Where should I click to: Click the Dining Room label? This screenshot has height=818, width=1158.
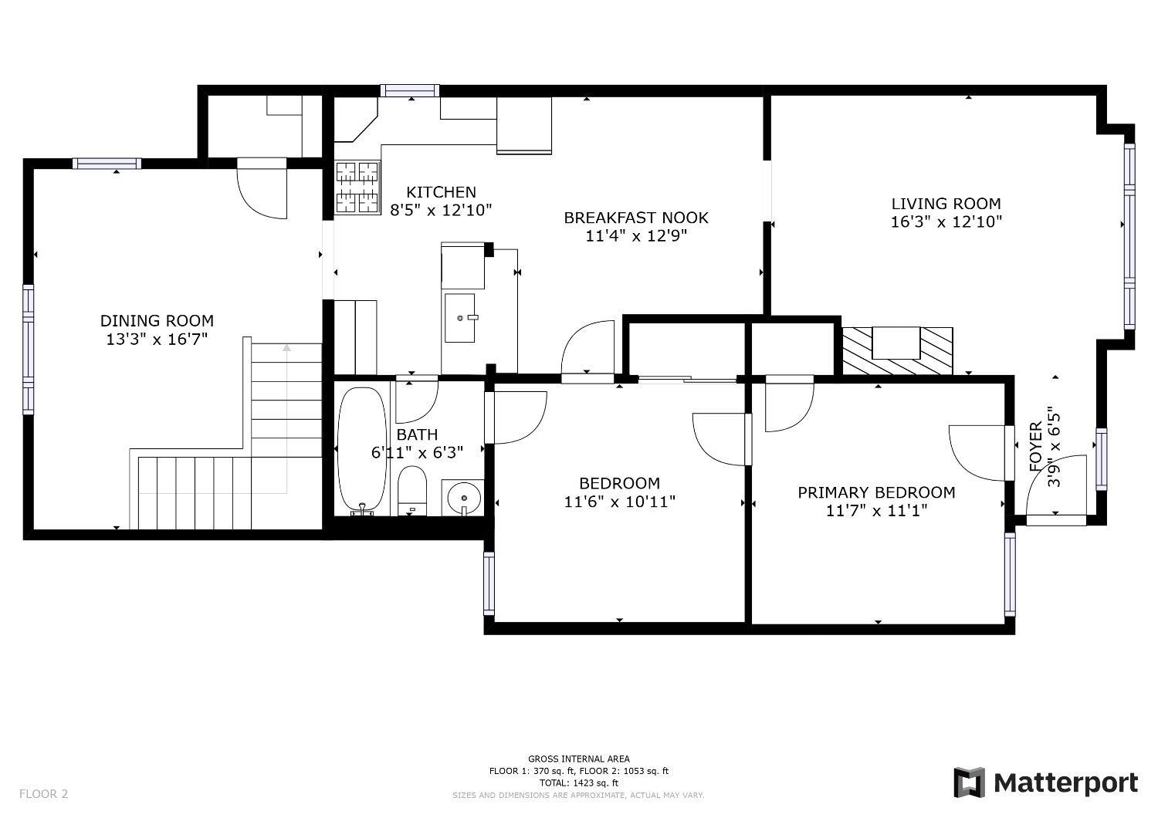pos(157,321)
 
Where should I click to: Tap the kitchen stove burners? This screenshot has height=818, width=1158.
pos(357,188)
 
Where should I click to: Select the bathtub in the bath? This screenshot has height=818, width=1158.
pos(362,451)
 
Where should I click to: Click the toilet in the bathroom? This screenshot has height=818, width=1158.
pos(412,490)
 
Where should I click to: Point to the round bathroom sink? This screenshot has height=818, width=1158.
pos(464,498)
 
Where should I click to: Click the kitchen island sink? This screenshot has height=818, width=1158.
pos(459,318)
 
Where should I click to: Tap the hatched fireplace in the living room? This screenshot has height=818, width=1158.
pos(897,351)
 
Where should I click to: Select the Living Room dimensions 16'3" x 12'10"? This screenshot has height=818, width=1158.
pos(946,221)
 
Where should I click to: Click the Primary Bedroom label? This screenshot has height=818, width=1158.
pos(876,492)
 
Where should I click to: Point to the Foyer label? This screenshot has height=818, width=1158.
pos(1036,447)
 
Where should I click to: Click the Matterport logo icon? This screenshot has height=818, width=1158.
pos(969,783)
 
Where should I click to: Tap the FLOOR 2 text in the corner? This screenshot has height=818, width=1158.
pos(43,794)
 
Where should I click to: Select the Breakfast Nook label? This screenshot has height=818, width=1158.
pos(636,218)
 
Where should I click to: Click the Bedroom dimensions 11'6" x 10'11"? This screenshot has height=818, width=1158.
pos(619,502)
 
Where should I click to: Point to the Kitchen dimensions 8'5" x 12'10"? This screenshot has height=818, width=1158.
pos(441,211)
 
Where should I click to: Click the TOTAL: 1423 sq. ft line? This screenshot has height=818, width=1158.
pos(578,783)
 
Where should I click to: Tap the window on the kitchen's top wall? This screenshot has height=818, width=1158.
pos(410,90)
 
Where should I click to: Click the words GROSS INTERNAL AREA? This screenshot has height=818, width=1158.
pos(578,759)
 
